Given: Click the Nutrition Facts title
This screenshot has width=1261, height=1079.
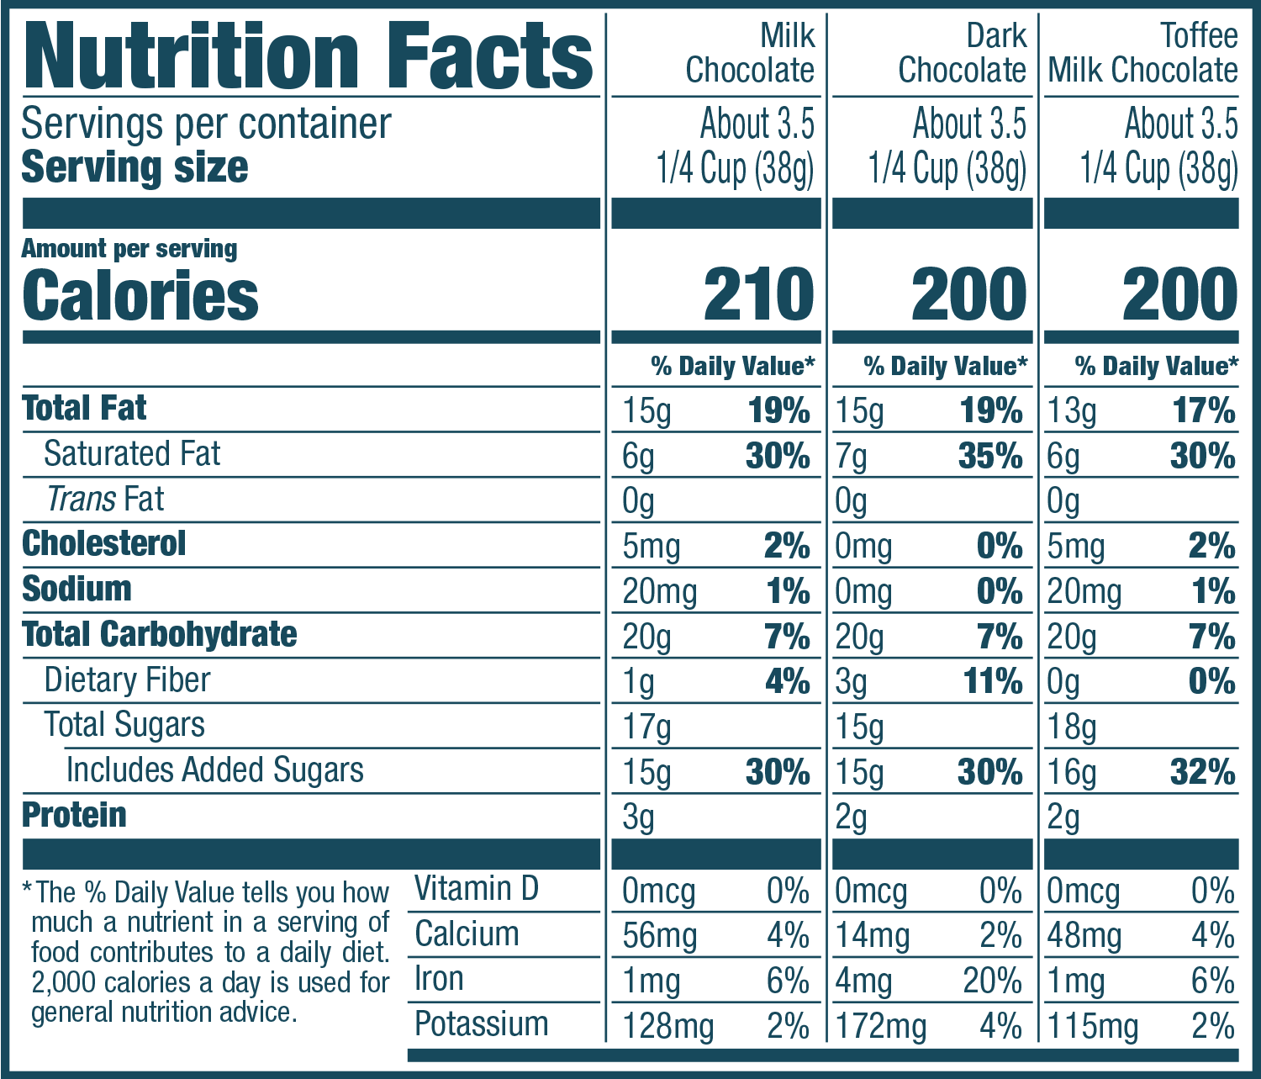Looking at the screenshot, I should (309, 56).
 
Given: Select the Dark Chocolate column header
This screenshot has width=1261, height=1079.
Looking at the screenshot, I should (962, 54).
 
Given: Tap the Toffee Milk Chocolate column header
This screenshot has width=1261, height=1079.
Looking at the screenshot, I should (1142, 54).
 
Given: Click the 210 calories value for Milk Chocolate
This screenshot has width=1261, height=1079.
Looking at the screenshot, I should (758, 295).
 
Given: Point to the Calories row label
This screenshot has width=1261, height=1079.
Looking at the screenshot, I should (140, 295).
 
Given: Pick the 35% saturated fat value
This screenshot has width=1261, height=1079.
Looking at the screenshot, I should (990, 457).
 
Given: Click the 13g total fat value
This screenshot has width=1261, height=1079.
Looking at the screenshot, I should (1072, 411).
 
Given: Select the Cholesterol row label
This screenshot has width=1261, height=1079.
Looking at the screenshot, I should (103, 544).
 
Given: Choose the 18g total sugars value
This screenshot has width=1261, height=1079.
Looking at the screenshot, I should (1072, 727).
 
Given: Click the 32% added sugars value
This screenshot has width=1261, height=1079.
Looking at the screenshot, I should (1202, 773).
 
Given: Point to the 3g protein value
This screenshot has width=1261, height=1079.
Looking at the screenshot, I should (638, 818).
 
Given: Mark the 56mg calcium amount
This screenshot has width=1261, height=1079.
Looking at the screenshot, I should (660, 936).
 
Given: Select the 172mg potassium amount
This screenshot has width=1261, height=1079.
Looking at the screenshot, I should (880, 1027).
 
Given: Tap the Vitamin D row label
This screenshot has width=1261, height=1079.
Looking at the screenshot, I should (476, 889).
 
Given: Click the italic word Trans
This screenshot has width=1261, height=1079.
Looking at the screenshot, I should (82, 500).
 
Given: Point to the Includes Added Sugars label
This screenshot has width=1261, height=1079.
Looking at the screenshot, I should (214, 770).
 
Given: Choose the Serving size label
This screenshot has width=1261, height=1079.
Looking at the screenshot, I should (135, 167).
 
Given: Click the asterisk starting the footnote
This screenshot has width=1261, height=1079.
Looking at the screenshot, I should (28, 889).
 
